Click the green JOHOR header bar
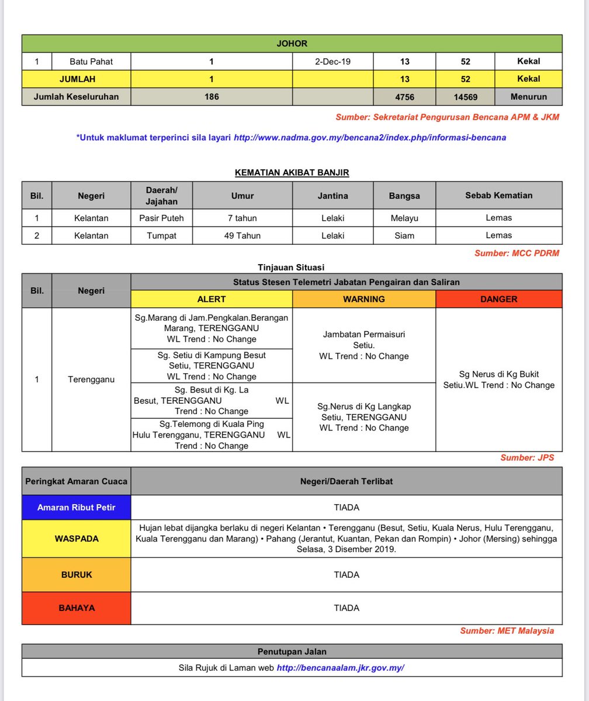[292, 44]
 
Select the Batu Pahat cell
[91, 61]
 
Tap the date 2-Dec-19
[332, 61]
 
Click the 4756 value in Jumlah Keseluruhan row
[404, 97]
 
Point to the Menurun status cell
[528, 97]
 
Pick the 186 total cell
[212, 97]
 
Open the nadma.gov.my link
[369, 138]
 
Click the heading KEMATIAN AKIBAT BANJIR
[292, 172]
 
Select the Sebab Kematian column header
[498, 196]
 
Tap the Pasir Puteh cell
[161, 218]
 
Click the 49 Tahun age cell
[242, 235]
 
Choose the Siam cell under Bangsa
[404, 235]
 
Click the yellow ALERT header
[212, 299]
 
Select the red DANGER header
[498, 299]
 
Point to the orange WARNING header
[363, 299]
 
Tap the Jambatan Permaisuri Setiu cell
[363, 345]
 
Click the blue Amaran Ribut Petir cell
[76, 508]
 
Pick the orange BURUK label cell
[76, 575]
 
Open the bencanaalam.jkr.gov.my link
[340, 668]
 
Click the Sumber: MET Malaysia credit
[507, 631]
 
